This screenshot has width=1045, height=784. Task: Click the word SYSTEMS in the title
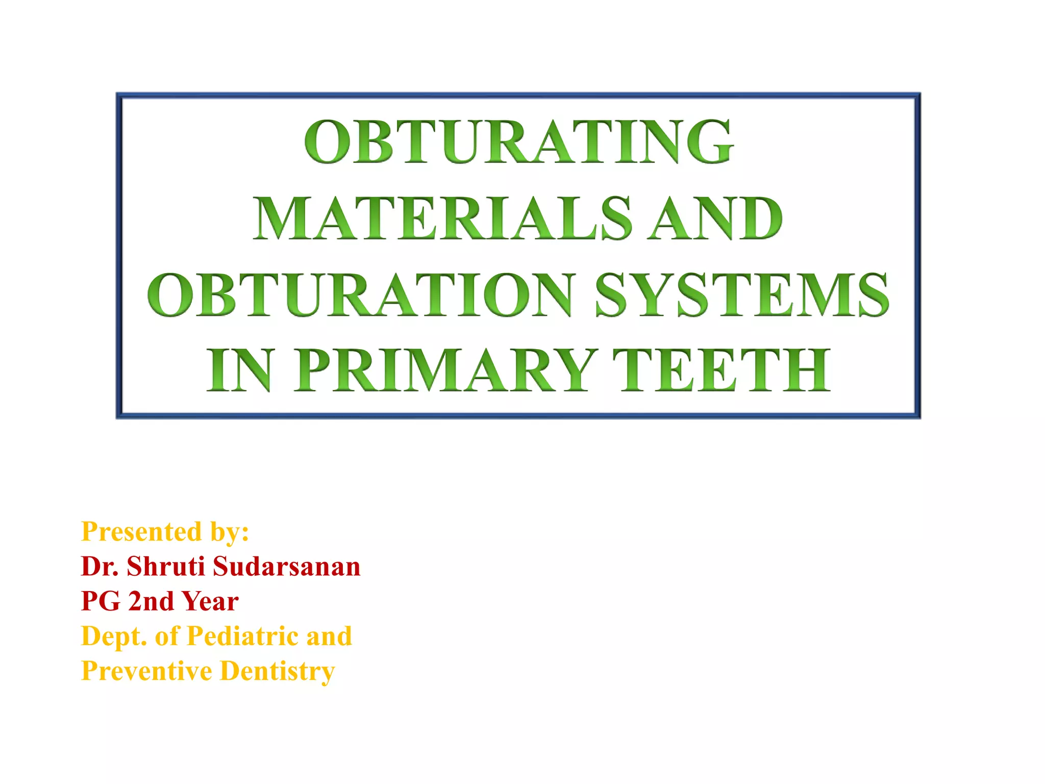(742, 295)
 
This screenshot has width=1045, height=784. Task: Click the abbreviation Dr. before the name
(100, 567)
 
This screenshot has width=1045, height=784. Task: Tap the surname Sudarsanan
(286, 567)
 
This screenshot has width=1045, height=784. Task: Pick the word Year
(210, 601)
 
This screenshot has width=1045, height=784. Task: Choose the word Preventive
(146, 671)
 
